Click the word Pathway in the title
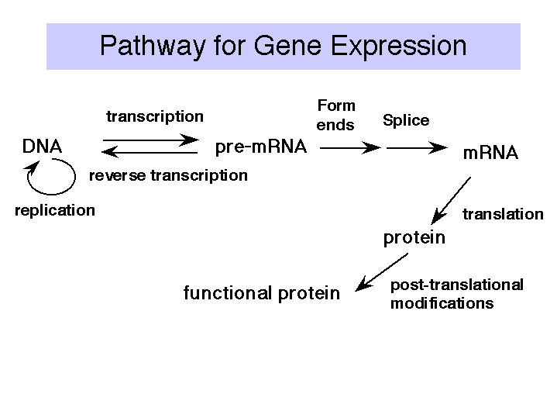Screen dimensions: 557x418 pos(153,46)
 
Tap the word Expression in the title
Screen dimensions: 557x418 pos(398,46)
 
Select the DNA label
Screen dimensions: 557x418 pos(42,147)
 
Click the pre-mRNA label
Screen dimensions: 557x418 pos(261,147)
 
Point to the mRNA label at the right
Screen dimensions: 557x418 pos(490,153)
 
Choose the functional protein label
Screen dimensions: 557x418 pos(262,293)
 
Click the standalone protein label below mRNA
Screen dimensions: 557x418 pos(414,237)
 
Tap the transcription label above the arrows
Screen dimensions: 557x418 pos(155,116)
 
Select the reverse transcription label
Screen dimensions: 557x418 pos(168,175)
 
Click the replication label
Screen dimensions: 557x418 pos(55,210)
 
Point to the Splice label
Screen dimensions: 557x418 pos(406,120)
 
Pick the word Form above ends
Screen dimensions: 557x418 pos(336,105)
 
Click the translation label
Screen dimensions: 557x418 pos(503,214)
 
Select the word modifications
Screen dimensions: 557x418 pos(442,303)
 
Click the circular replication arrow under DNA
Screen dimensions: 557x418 pos(52,194)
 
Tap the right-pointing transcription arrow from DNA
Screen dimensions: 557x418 pos(150,140)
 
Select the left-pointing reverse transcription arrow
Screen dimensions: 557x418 pos(150,152)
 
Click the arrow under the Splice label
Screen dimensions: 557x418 pos(417,147)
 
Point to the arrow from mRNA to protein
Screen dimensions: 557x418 pos(451,201)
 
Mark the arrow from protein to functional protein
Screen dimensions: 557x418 pos(381,272)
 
